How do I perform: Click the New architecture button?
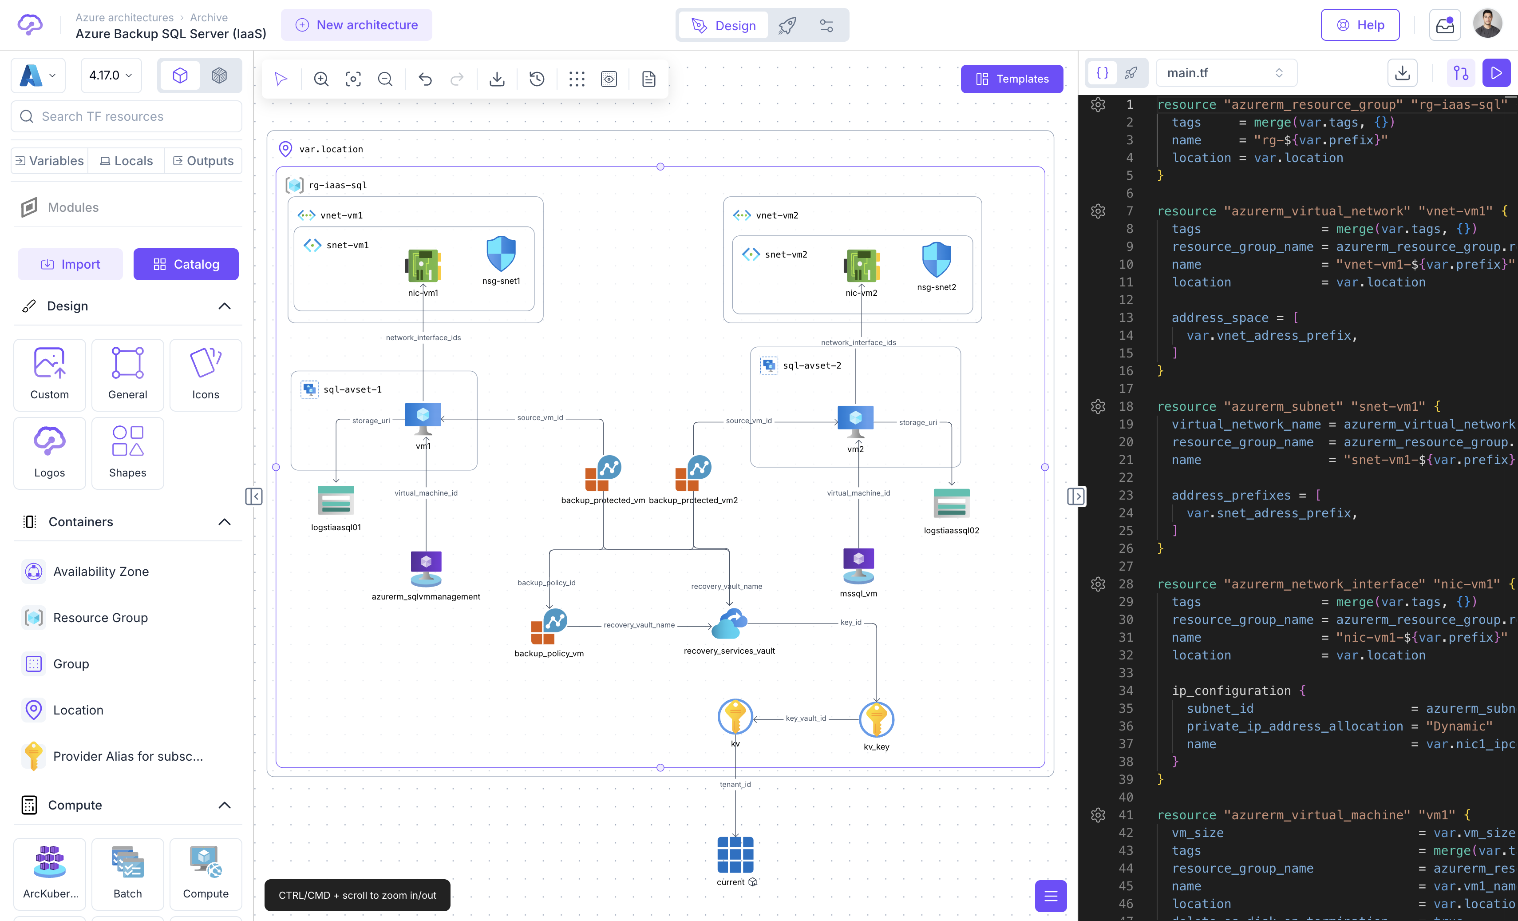pos(357,25)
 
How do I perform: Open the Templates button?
pos(1012,79)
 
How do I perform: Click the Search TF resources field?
pos(127,116)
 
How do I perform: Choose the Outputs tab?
pos(203,161)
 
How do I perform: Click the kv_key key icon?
pos(876,719)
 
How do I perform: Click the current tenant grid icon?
pos(735,854)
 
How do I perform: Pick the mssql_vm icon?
pos(858,565)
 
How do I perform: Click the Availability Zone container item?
pos(101,572)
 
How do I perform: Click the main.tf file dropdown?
pos(1226,73)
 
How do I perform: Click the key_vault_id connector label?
pos(805,718)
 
